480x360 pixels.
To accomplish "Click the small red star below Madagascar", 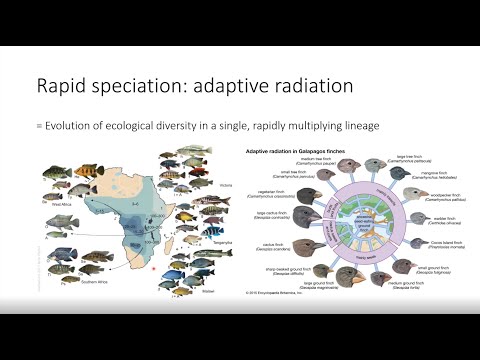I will coord(151,269).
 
